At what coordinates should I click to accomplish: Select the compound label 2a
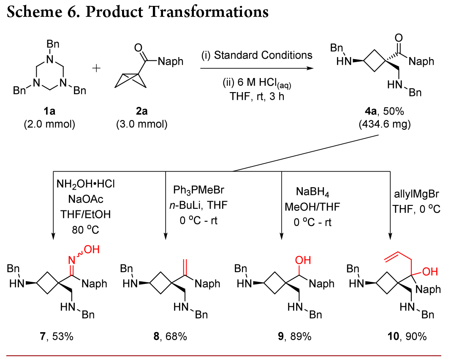pos(139,113)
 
